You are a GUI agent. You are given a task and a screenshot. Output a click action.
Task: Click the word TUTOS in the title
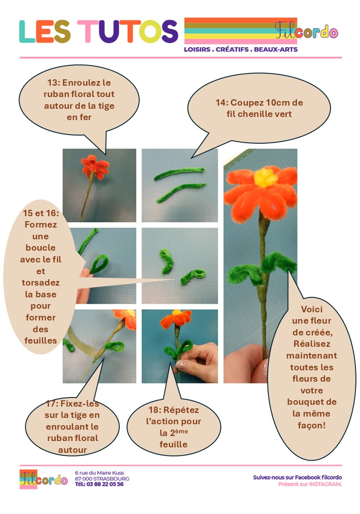coord(128,31)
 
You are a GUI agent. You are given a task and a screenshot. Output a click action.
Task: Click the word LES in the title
coord(44,31)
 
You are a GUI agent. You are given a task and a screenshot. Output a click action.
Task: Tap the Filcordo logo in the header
coord(306,30)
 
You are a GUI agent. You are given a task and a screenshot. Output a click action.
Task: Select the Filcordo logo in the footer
coord(43,479)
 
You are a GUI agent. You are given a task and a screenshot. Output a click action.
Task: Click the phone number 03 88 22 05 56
coord(105,484)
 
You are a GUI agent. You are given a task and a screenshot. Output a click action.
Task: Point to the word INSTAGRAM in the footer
coord(325,484)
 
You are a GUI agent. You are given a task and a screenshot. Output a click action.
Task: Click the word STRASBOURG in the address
coord(111,479)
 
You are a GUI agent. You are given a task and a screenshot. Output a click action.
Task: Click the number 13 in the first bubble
coord(52,82)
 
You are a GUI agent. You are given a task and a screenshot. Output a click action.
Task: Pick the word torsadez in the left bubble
coord(41,282)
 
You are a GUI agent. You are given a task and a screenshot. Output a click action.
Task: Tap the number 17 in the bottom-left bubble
coord(52,403)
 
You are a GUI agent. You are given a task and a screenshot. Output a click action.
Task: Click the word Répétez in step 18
coord(181,410)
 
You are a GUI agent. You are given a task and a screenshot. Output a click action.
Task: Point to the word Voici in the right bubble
coord(312,309)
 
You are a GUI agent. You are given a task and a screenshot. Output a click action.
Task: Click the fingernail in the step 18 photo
coord(180,364)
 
